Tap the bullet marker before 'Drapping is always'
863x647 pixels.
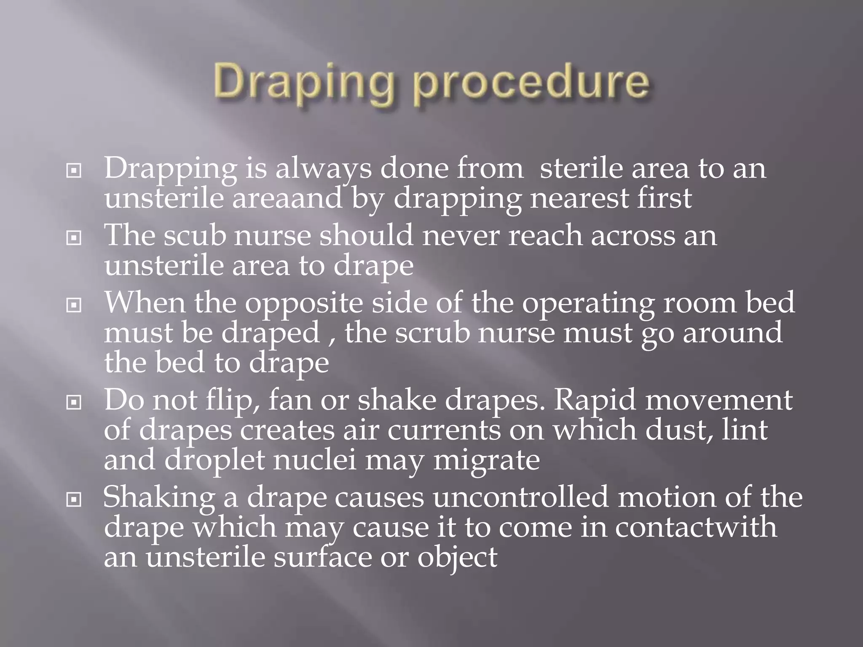coord(74,171)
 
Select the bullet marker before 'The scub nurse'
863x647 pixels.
coord(74,238)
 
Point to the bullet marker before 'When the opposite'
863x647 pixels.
coord(74,305)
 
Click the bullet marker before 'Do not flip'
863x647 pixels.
coord(74,403)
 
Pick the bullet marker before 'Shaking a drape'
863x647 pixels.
coord(74,500)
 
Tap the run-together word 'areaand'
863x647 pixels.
coord(287,198)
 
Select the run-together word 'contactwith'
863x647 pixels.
coord(696,527)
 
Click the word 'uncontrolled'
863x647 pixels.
coord(521,497)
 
